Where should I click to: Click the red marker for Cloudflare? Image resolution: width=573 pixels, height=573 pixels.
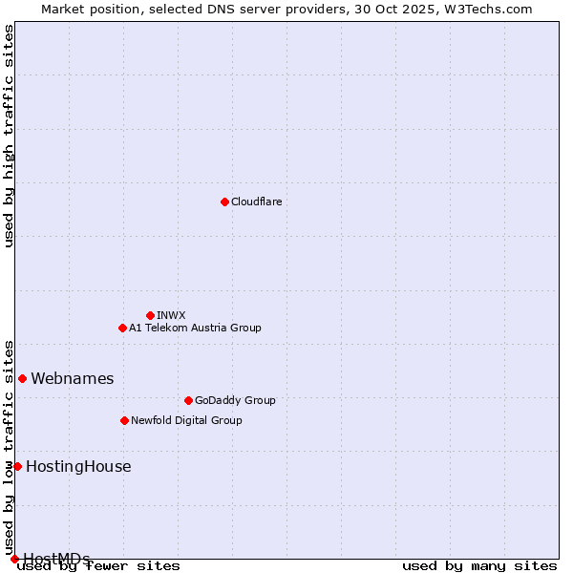[224, 202]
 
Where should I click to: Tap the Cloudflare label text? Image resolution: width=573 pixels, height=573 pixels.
[256, 202]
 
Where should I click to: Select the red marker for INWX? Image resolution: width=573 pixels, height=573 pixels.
[150, 315]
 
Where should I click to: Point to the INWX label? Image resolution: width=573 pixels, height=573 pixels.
[171, 315]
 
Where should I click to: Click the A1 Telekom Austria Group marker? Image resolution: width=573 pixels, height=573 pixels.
[122, 328]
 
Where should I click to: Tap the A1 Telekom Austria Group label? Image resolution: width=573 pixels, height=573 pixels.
[195, 328]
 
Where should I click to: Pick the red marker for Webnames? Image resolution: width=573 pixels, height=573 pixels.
[22, 378]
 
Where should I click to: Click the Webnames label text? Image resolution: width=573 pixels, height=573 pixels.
[72, 379]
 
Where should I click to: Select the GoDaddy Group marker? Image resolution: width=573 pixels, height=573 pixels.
[188, 400]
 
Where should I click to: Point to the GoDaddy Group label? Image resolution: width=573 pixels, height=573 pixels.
[235, 400]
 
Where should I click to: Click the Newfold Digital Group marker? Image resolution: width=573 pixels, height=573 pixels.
[124, 420]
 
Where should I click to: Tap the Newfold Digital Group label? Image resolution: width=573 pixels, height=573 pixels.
[186, 420]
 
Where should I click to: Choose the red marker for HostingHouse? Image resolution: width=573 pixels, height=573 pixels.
[17, 466]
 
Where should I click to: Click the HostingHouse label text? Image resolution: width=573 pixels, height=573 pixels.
[78, 467]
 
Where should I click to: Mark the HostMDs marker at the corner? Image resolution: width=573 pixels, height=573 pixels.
[14, 559]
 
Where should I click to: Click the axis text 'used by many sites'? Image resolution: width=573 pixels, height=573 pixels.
[479, 566]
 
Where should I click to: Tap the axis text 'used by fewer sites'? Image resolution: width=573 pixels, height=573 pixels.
[98, 566]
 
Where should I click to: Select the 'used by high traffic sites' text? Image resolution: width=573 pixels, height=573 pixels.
[9, 136]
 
